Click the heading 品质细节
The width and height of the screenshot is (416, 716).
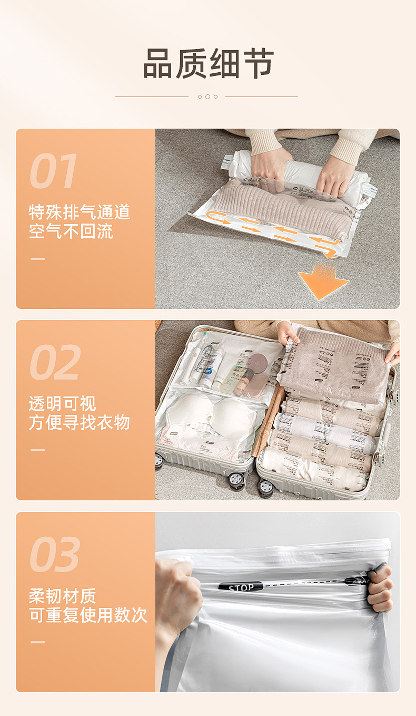click(208, 64)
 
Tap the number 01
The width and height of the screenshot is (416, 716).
click(53, 171)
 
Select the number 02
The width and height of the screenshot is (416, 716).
click(55, 362)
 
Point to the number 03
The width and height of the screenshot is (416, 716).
click(55, 554)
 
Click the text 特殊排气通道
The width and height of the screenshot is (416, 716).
click(79, 212)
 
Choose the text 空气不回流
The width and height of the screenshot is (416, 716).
click(71, 231)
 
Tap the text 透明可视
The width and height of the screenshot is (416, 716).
click(62, 404)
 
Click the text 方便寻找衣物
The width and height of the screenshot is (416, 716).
click(79, 422)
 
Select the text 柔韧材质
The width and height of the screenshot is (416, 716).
click(62, 596)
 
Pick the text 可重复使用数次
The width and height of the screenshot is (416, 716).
click(88, 615)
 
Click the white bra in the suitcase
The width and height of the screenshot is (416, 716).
click(211, 414)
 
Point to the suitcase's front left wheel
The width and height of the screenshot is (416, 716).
click(237, 479)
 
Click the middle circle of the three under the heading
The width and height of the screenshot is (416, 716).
click(207, 96)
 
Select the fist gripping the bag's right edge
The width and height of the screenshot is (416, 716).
click(380, 587)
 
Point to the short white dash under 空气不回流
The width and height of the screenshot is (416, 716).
click(38, 258)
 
